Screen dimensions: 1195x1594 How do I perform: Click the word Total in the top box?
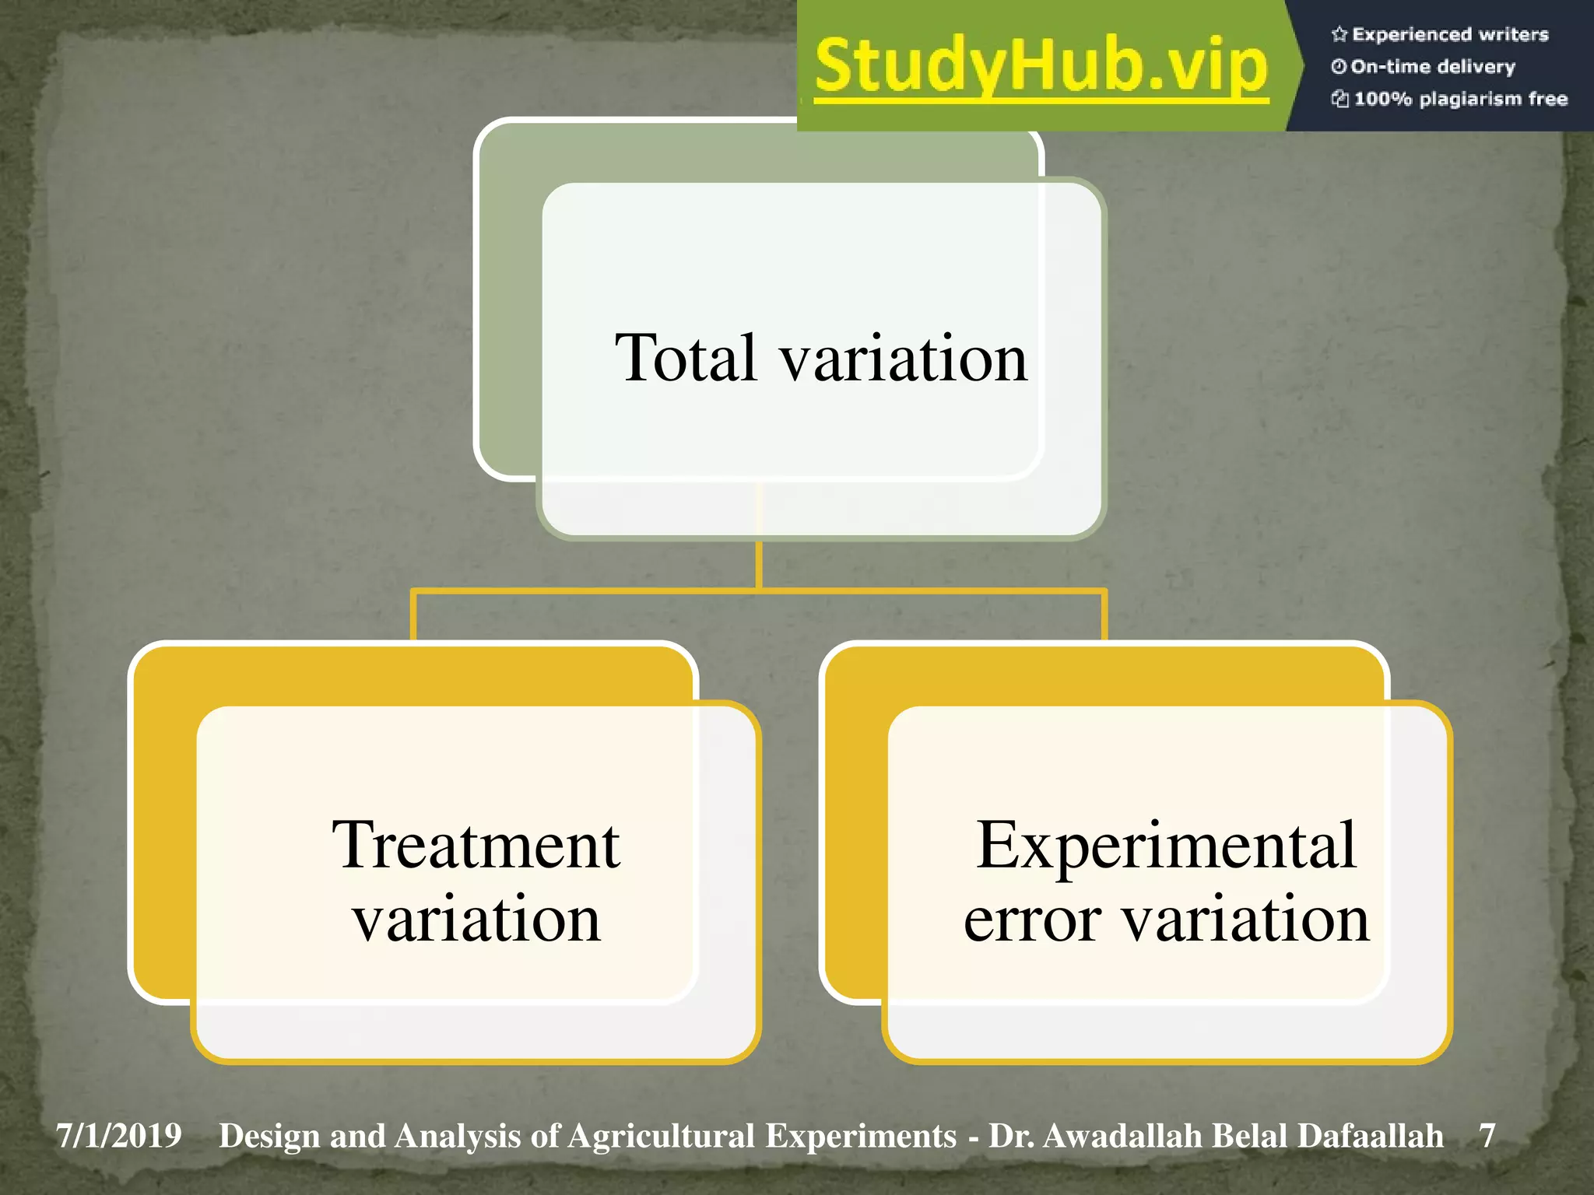(686, 358)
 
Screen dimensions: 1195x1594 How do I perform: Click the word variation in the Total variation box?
(904, 359)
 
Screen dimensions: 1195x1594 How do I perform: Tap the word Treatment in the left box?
(476, 846)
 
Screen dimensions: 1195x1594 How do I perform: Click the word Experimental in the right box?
(1166, 846)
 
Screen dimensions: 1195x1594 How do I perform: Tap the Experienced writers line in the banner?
(1449, 34)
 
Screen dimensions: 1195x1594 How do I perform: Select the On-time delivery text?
(1432, 67)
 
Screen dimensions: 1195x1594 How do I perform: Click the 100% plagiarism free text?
(1460, 99)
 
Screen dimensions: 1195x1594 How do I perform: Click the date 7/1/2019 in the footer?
(118, 1136)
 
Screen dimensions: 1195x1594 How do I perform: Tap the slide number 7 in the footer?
(1487, 1136)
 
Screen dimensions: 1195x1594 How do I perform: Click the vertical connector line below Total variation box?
(758, 564)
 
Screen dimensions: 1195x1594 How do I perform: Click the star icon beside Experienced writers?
(1339, 34)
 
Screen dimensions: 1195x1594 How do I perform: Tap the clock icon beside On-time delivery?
(1338, 67)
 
